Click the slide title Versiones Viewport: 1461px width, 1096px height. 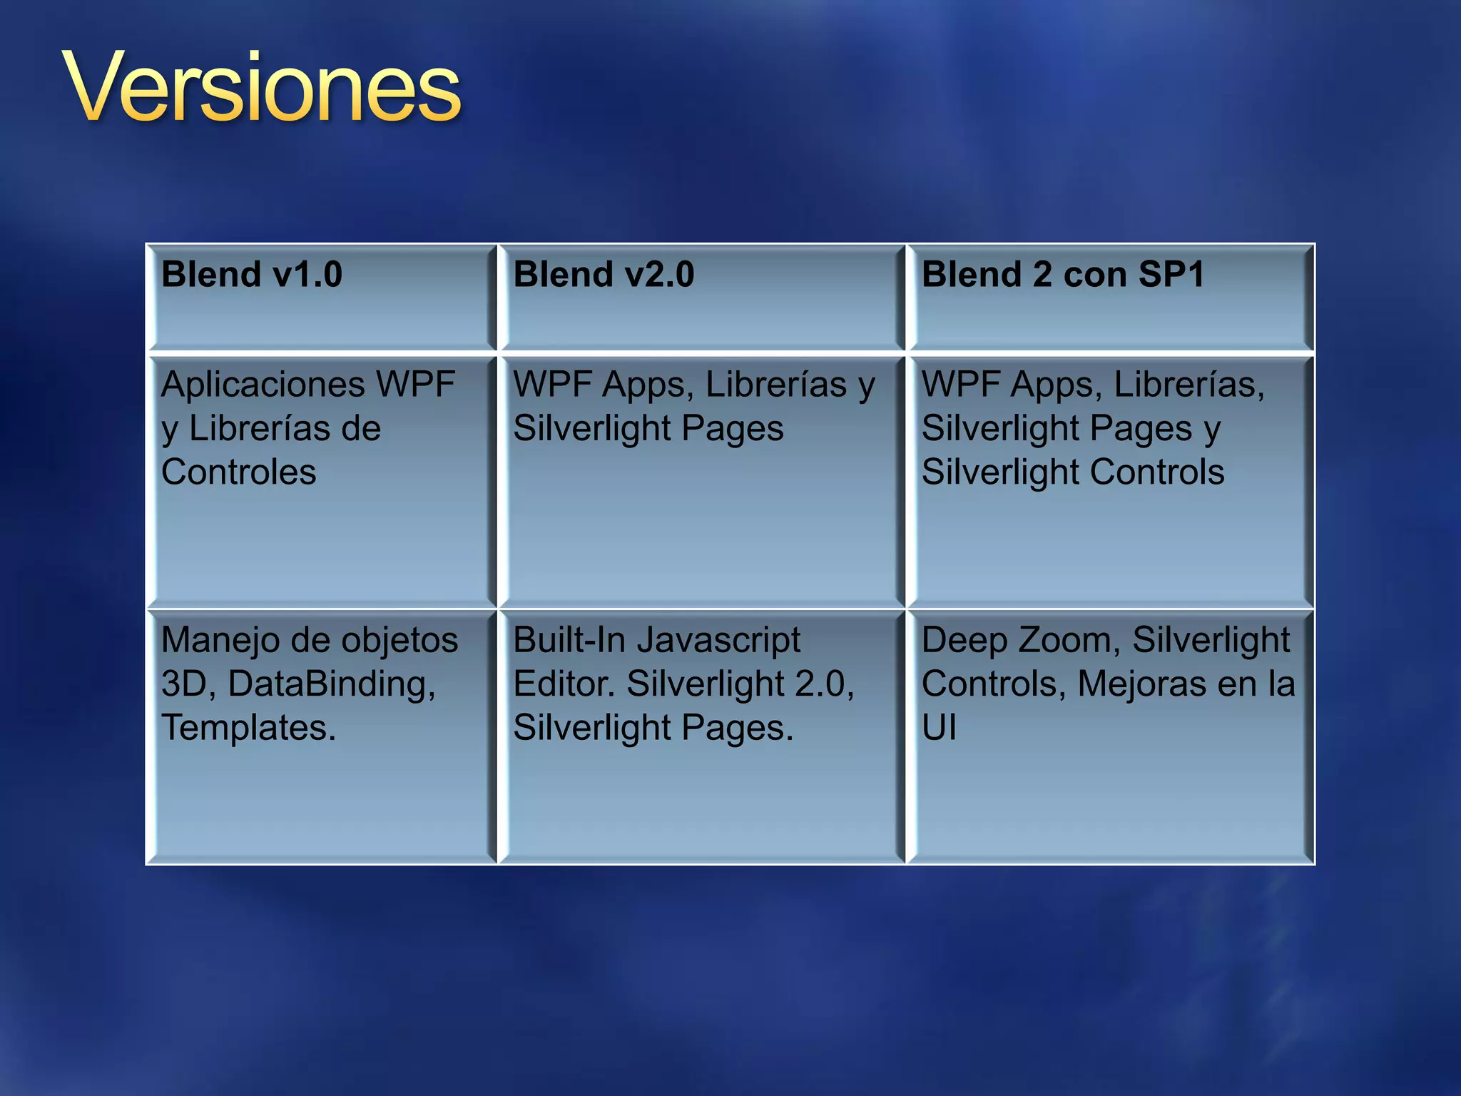coord(262,89)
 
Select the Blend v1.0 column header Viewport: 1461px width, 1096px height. coord(252,275)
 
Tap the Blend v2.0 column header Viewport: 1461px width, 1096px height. coord(604,275)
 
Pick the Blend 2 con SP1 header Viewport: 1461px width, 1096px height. coord(1063,275)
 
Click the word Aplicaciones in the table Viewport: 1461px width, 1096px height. coord(263,385)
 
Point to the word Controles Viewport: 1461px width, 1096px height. coord(239,472)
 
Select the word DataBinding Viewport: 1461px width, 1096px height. coord(332,684)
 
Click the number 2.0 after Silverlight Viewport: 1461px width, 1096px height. coord(824,684)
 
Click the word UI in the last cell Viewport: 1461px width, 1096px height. coord(940,729)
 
